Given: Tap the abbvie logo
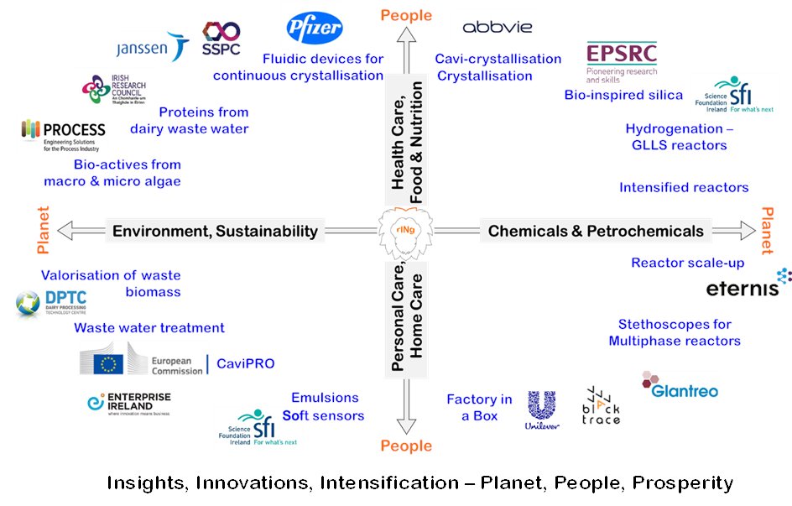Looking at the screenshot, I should [x=498, y=27].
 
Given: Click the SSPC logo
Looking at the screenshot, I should [x=221, y=40].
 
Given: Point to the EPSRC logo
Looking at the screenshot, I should [x=622, y=62].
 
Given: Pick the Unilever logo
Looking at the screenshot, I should [x=543, y=409].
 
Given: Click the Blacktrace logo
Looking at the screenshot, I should [x=601, y=406].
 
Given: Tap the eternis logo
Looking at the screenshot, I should [x=748, y=286].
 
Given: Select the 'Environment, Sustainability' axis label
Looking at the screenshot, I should [x=215, y=231].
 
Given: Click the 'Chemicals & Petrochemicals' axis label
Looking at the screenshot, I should [x=596, y=231].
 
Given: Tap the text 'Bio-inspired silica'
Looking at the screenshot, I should [x=623, y=95].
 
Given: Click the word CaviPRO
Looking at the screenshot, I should [x=246, y=363].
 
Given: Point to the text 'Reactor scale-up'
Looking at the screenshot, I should [x=687, y=263].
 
